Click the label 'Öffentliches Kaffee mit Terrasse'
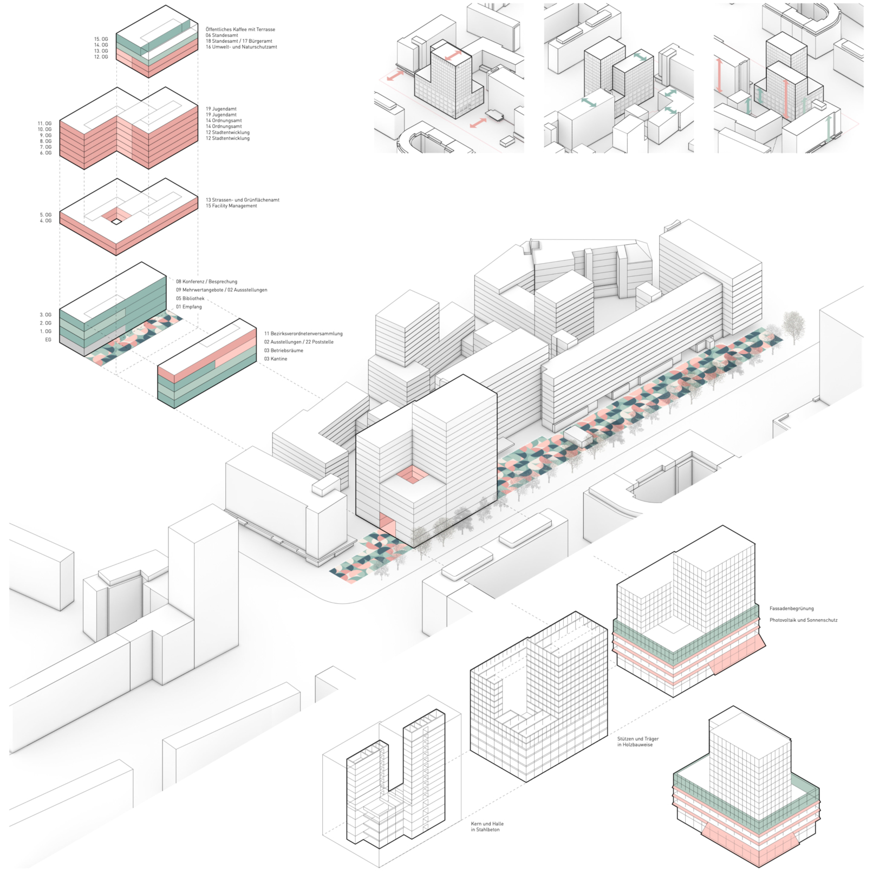(240, 29)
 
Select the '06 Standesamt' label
(221, 35)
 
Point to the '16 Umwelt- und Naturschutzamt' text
(241, 47)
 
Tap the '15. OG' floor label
(101, 39)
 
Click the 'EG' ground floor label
(48, 340)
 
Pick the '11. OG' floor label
(45, 123)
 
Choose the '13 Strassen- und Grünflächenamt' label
(242, 200)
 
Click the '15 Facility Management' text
(231, 206)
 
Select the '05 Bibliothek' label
(190, 298)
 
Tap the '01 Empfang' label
(188, 307)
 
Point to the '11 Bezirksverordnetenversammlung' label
(303, 334)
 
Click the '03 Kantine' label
(276, 359)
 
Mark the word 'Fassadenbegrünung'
(791, 608)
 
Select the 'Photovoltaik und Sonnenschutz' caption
(803, 620)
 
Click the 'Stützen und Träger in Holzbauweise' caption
(637, 741)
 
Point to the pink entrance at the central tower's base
(388, 525)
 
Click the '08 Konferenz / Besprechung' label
(206, 282)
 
